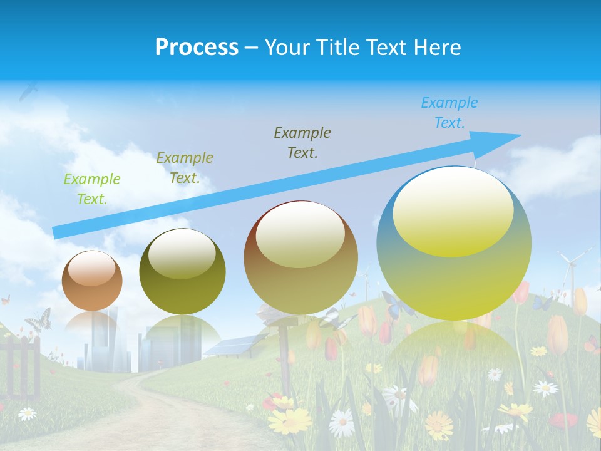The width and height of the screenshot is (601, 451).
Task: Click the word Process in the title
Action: (x=197, y=47)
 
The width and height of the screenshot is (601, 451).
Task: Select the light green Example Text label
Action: (x=92, y=189)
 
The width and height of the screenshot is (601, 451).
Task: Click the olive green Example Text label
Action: (x=185, y=167)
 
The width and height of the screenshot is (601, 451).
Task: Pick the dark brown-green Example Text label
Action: (x=302, y=142)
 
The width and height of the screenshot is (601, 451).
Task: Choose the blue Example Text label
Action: (x=449, y=113)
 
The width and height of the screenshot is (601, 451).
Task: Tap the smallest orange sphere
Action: (x=92, y=281)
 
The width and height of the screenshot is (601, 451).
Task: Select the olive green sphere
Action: (x=182, y=272)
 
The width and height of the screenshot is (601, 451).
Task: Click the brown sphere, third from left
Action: (x=300, y=258)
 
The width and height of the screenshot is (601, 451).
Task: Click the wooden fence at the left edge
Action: (x=22, y=363)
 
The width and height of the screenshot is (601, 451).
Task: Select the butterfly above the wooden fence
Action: (x=38, y=319)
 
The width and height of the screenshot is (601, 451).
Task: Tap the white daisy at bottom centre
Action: (x=341, y=423)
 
